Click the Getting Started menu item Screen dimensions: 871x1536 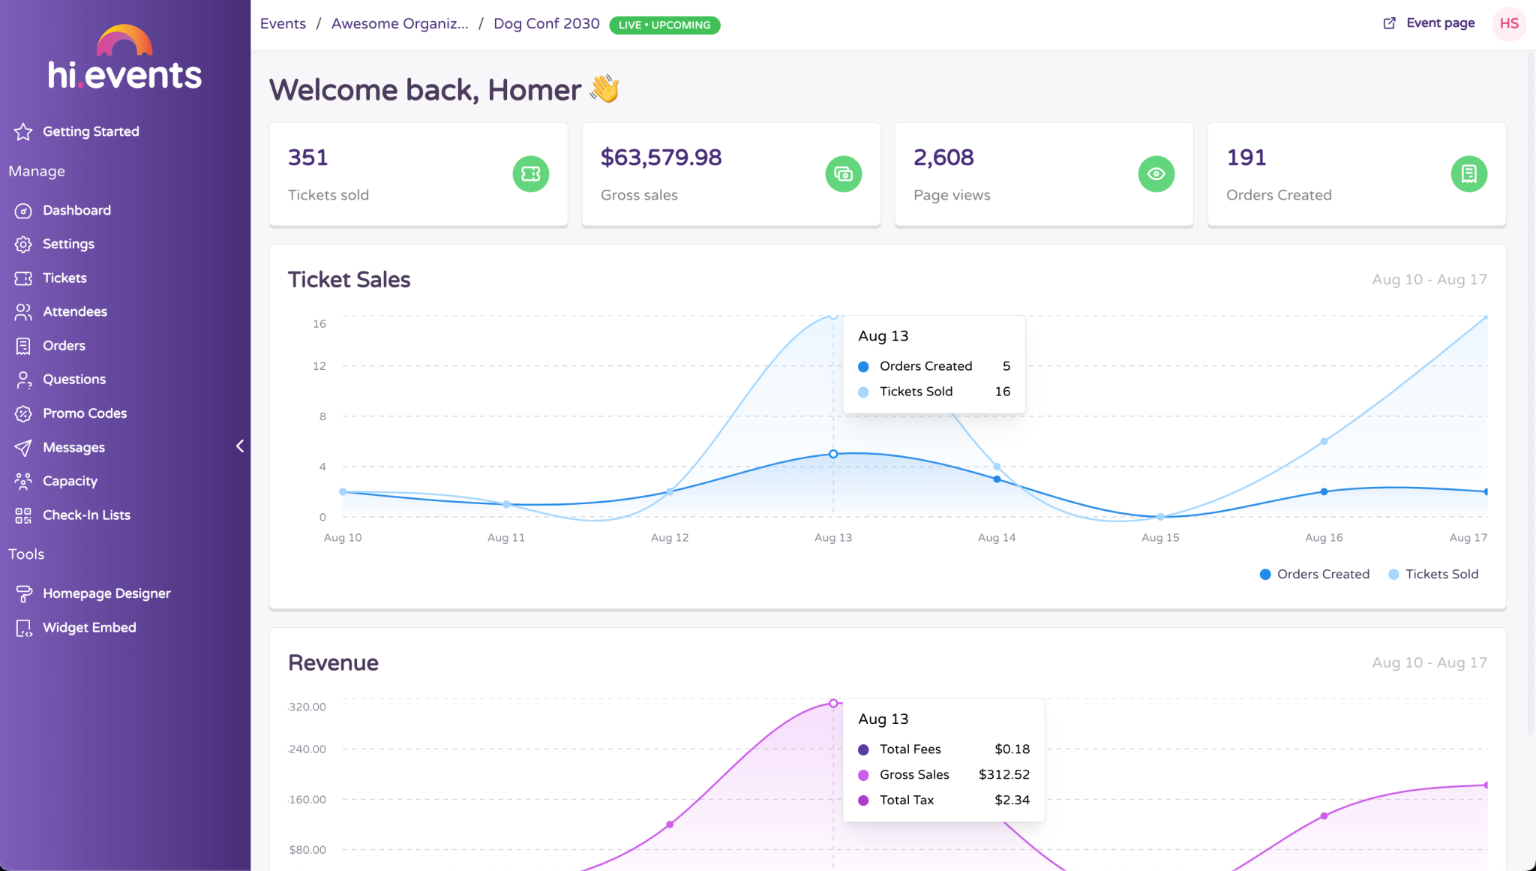90,131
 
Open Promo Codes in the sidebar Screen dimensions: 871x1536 84,413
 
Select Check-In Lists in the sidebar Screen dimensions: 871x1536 86,515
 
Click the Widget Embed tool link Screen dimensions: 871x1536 88,628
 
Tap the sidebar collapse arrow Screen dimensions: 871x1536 240,446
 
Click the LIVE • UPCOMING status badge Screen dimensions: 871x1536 664,25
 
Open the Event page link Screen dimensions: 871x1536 1429,23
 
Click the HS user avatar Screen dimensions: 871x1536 1508,23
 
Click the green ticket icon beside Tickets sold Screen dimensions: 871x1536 530,174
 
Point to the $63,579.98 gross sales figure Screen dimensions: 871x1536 661,158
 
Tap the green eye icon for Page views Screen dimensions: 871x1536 1156,174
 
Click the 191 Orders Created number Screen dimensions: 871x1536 1246,158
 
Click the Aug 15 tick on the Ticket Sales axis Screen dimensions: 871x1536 1160,538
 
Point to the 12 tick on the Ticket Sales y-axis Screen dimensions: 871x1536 319,366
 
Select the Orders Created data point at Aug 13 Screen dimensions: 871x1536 833,454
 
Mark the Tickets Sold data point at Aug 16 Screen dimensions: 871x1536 1324,441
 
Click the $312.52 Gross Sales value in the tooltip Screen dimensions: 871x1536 1003,775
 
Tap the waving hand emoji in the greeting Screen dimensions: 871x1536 604,89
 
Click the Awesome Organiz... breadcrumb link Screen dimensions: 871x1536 400,23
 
